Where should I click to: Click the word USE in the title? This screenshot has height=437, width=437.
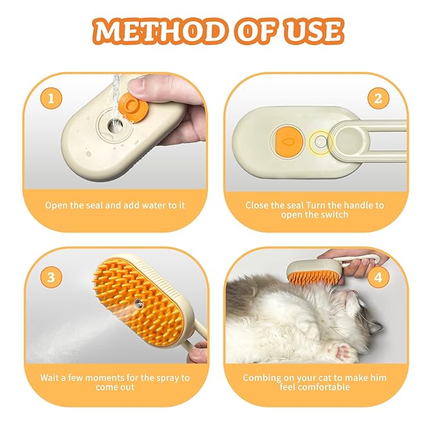click(x=308, y=30)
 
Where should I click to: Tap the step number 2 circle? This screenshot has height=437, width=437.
click(x=378, y=99)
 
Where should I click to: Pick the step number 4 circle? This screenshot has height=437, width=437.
click(x=378, y=277)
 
